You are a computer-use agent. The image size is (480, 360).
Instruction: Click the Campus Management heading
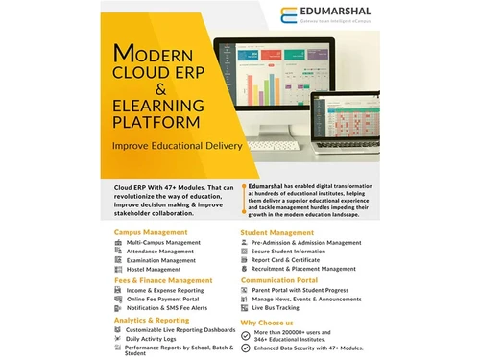(151, 232)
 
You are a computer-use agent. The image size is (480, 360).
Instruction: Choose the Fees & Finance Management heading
(164, 279)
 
